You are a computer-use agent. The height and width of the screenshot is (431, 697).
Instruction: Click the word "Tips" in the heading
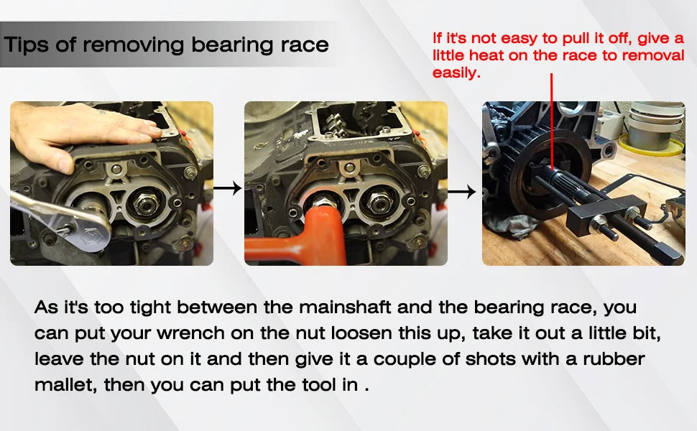click(26, 45)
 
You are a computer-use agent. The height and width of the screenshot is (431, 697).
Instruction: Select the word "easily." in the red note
click(456, 73)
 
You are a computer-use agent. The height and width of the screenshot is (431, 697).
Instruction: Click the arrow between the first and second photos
click(227, 188)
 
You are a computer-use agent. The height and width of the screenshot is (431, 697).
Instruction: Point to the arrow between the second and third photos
click(461, 192)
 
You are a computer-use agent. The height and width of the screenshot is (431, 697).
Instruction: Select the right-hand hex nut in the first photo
click(146, 204)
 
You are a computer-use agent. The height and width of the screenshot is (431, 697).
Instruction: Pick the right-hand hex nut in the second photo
click(379, 202)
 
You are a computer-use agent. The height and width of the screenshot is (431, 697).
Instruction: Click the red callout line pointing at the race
click(552, 121)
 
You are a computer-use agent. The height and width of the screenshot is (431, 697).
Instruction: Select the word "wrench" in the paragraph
click(190, 333)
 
